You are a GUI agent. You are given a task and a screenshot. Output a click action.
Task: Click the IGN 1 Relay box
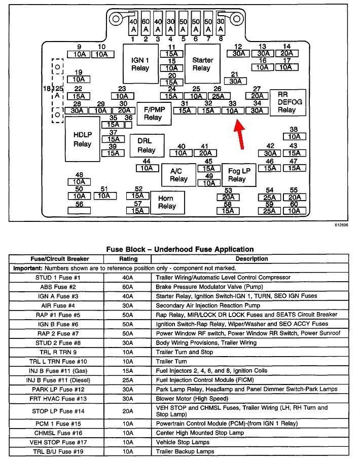coord(140,64)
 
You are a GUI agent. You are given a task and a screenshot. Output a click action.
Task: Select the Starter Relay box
coord(202,64)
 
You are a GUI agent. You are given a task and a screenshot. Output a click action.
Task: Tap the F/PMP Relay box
coord(153,113)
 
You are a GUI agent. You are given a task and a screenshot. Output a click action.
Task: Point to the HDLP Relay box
coord(82,139)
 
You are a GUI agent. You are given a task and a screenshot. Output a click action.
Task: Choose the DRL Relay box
coord(146,145)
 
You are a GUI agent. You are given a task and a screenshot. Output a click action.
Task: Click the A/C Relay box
coord(178,175)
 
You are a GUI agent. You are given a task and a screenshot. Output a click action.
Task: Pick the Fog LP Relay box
coord(236,175)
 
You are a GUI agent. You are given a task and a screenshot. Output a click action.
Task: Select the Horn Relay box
coord(167,202)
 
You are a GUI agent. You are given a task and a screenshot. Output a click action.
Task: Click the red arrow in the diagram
coord(239,134)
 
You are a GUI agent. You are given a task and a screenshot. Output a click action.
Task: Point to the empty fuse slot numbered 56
coord(79,210)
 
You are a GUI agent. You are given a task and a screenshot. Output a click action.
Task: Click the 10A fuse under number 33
coord(232,110)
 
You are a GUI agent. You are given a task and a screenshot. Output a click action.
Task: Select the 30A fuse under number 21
coord(235,81)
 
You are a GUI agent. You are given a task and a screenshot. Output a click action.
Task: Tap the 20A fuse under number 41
coord(205,153)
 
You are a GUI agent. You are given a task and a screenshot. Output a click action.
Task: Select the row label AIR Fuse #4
coord(58,305)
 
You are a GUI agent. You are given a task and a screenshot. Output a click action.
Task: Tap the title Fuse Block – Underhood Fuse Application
coord(179,249)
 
